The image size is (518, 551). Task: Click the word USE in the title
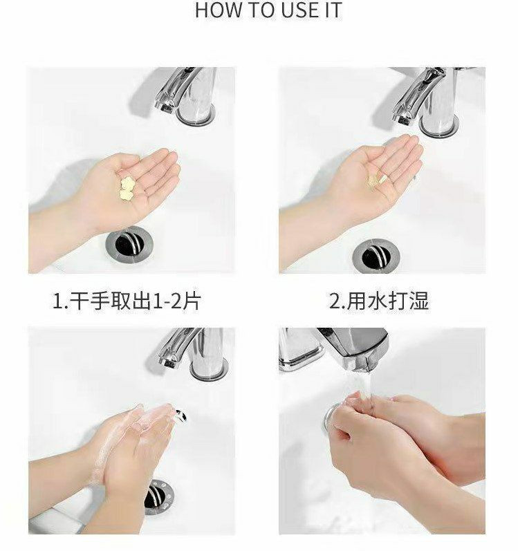click(x=297, y=10)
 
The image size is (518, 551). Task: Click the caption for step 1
click(x=127, y=301)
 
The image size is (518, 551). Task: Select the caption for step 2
click(x=379, y=301)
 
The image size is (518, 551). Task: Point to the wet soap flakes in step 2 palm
click(x=377, y=180)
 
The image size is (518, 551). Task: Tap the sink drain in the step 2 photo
click(x=376, y=255)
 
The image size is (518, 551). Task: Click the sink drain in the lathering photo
click(x=158, y=496)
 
